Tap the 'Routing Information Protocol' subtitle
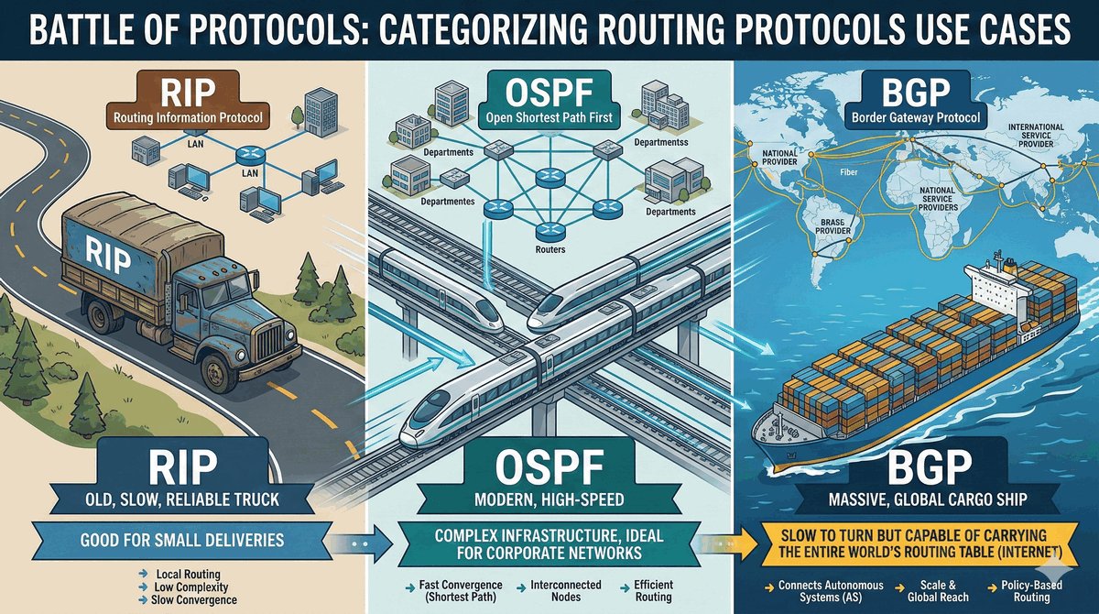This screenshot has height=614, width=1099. pyautogui.click(x=188, y=118)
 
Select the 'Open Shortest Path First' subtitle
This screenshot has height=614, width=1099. pyautogui.click(x=549, y=118)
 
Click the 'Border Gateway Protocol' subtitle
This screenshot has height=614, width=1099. pyautogui.click(x=916, y=118)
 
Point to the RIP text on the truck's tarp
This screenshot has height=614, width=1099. pyautogui.click(x=108, y=254)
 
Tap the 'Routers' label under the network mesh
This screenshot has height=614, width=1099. pyautogui.click(x=550, y=249)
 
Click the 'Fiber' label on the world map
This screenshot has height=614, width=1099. pyautogui.click(x=849, y=172)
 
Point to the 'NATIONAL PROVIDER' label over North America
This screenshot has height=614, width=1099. pyautogui.click(x=779, y=158)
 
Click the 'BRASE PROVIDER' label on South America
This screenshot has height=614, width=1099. pyautogui.click(x=832, y=226)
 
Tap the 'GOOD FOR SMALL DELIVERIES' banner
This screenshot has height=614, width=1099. pyautogui.click(x=182, y=541)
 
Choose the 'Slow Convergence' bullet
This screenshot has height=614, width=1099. pyautogui.click(x=194, y=599)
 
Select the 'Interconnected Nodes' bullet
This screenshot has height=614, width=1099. pyautogui.click(x=566, y=591)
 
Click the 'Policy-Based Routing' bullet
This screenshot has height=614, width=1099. pyautogui.click(x=1031, y=591)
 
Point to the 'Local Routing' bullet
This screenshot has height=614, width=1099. pyautogui.click(x=188, y=574)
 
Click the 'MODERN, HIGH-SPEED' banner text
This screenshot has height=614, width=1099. pyautogui.click(x=549, y=499)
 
